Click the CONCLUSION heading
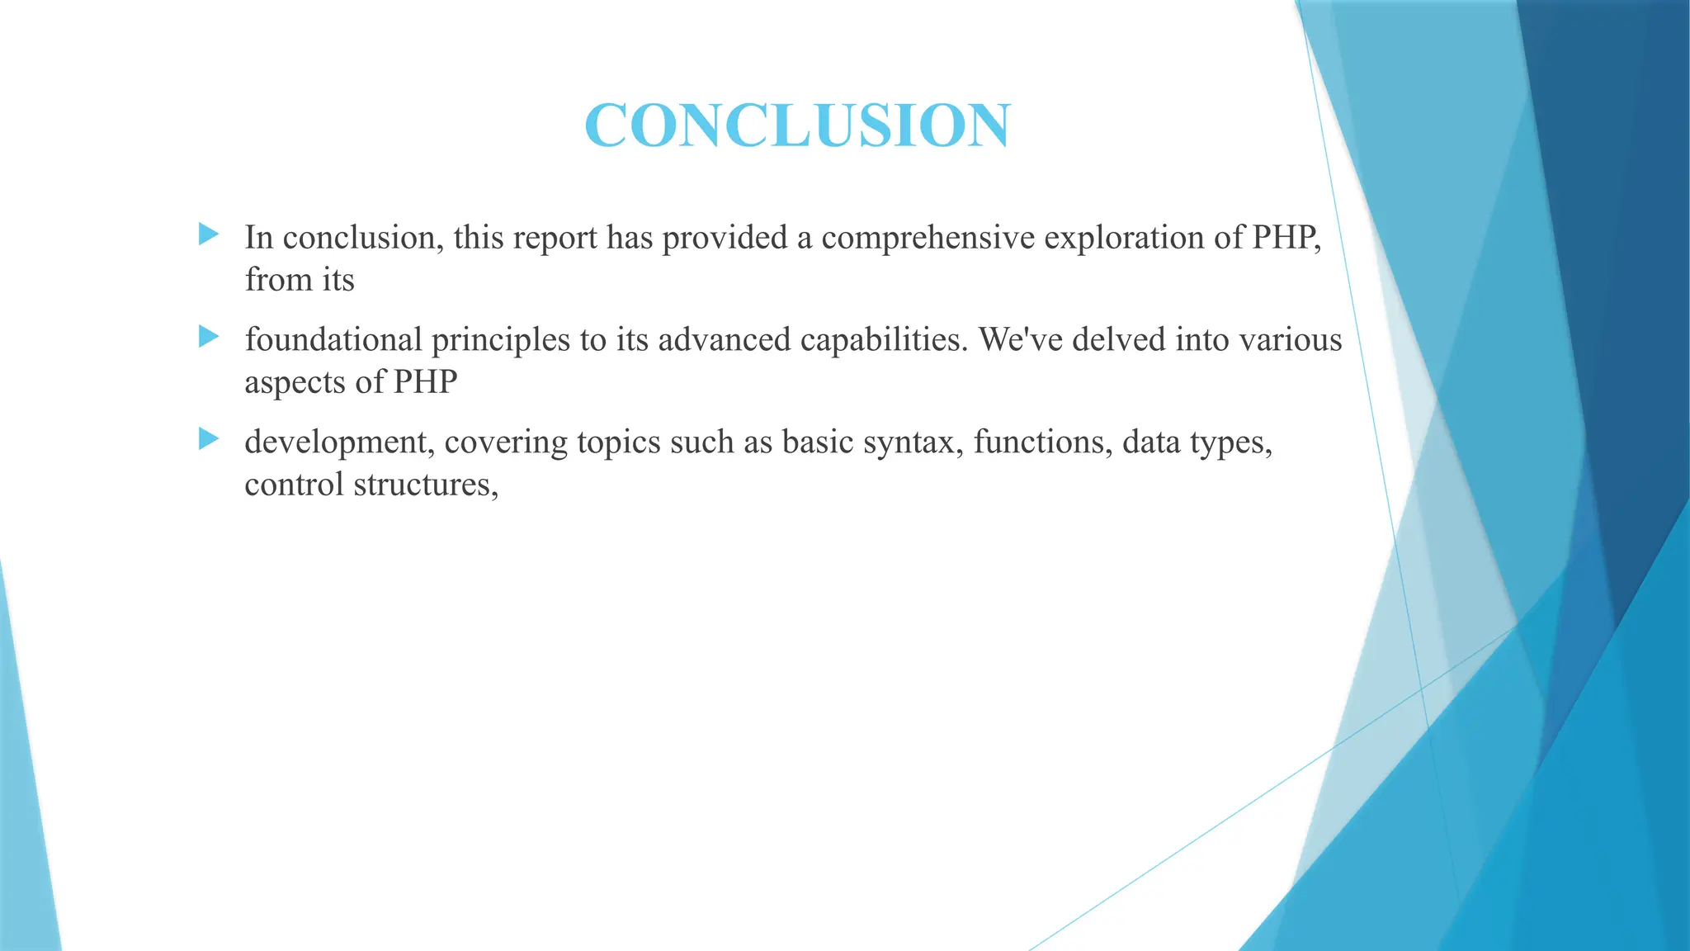796,125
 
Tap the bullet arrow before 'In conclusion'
209,234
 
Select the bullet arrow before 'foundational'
209,337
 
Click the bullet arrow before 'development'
209,439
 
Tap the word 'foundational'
333,340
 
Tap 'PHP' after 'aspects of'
425,382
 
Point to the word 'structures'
426,485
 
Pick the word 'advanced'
725,340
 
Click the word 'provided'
725,238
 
